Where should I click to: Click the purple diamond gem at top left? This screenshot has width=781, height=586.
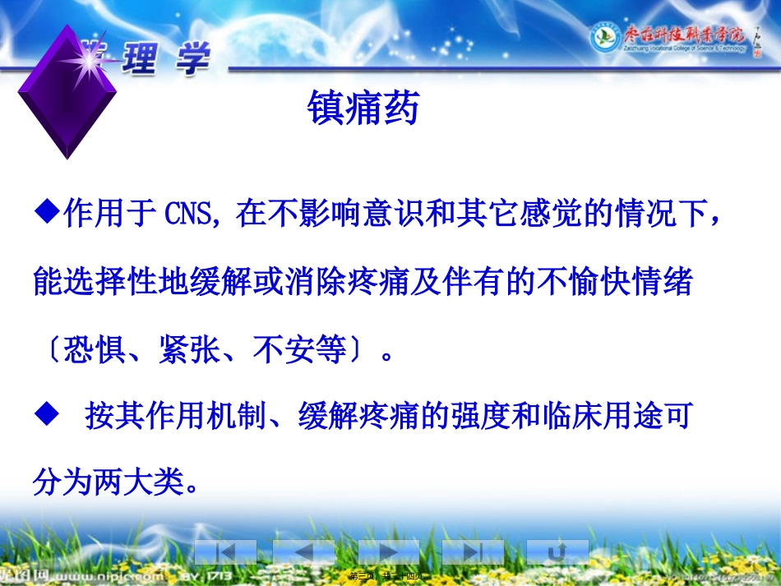tap(67, 90)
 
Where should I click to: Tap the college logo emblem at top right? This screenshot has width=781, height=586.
tap(605, 36)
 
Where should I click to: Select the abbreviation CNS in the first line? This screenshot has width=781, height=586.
tap(189, 215)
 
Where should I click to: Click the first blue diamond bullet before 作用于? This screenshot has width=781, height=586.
tap(49, 213)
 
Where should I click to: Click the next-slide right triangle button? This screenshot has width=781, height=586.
tap(388, 552)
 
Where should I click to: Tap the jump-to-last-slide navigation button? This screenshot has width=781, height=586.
tap(473, 552)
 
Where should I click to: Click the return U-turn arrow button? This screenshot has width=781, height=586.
tap(557, 552)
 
